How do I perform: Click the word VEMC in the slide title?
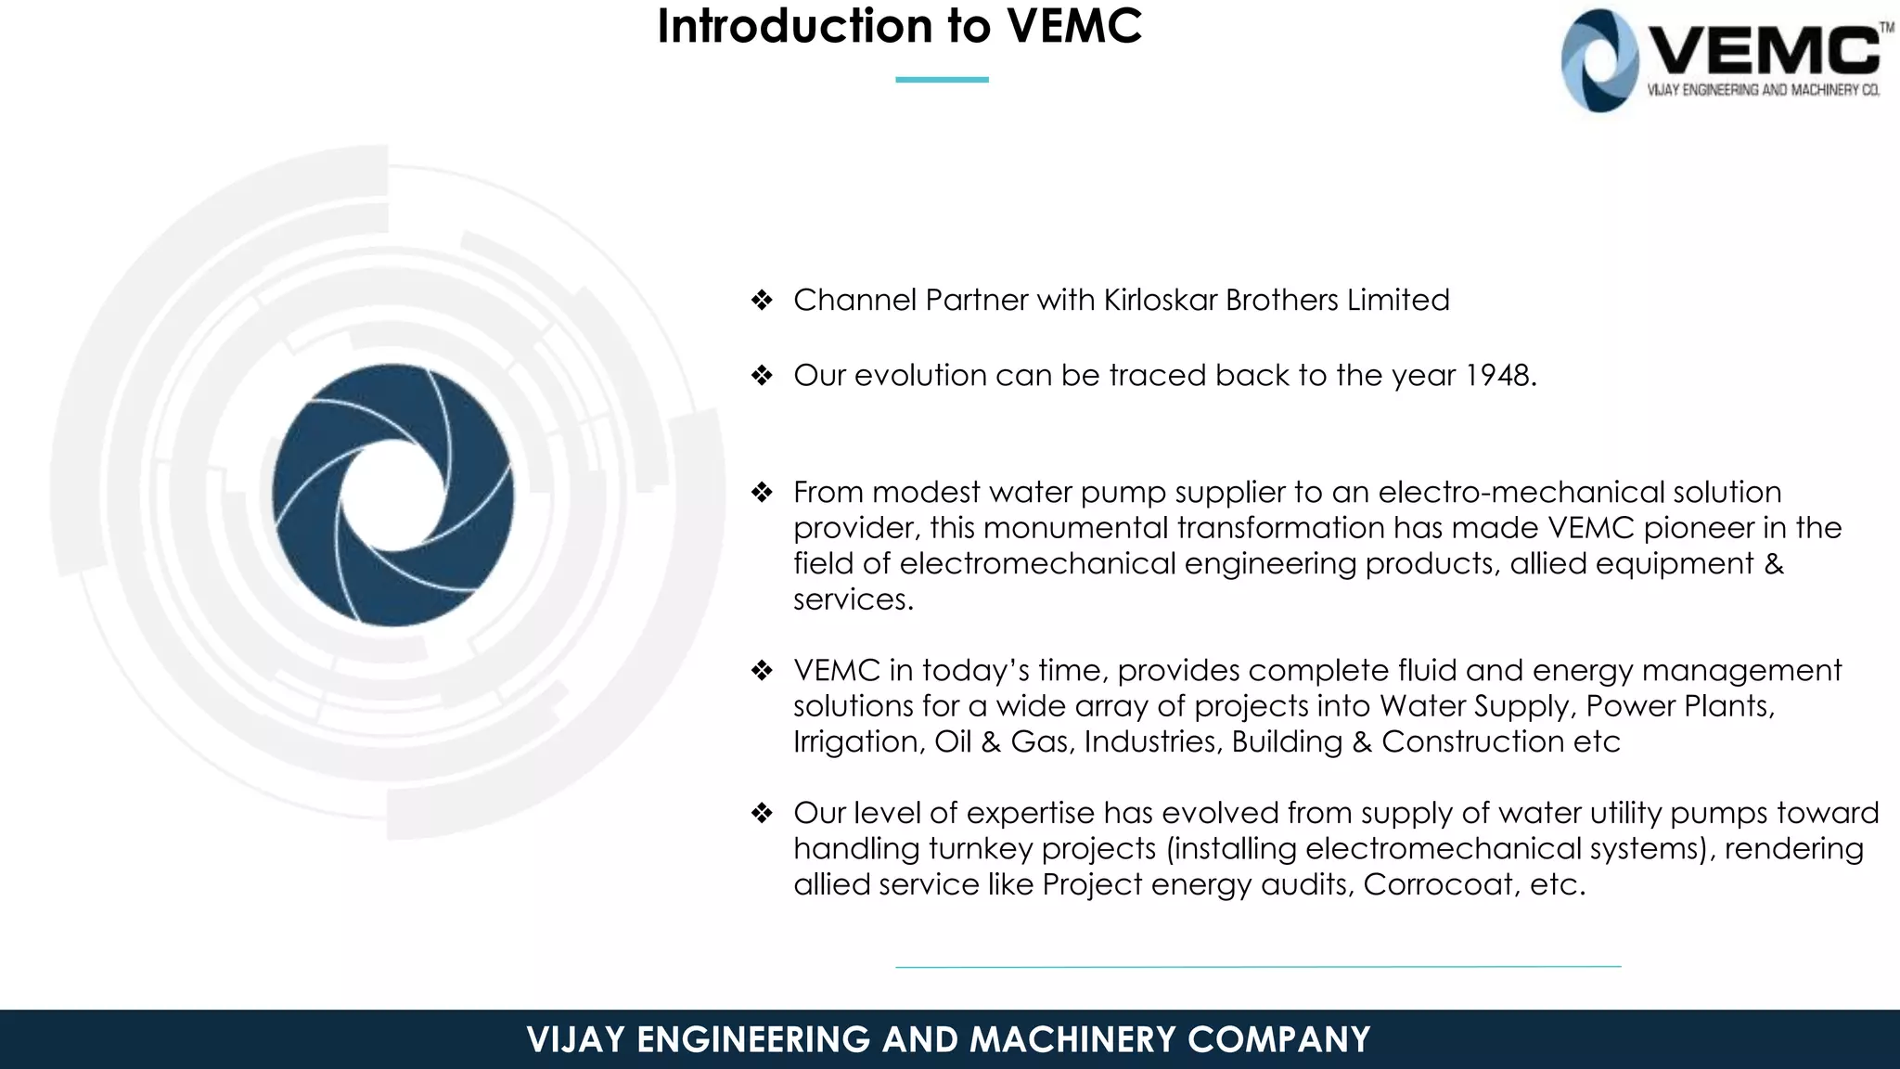click(1074, 26)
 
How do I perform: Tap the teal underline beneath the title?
click(942, 80)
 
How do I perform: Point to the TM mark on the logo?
click(1886, 28)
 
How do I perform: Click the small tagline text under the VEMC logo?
click(1763, 90)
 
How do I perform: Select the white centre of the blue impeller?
click(393, 495)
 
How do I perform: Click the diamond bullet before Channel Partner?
click(762, 301)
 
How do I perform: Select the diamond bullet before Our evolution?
click(762, 376)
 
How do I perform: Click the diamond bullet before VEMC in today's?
click(762, 671)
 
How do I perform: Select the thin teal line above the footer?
click(1257, 967)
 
